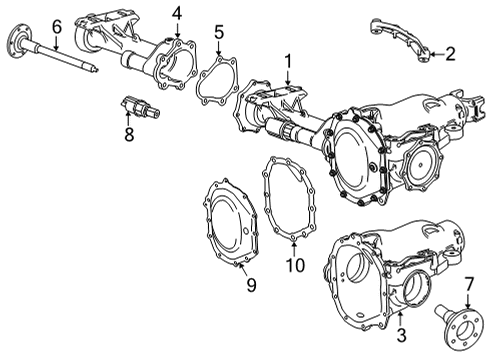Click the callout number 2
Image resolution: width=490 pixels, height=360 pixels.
click(451, 53)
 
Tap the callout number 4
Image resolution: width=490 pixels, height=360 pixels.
click(176, 13)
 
